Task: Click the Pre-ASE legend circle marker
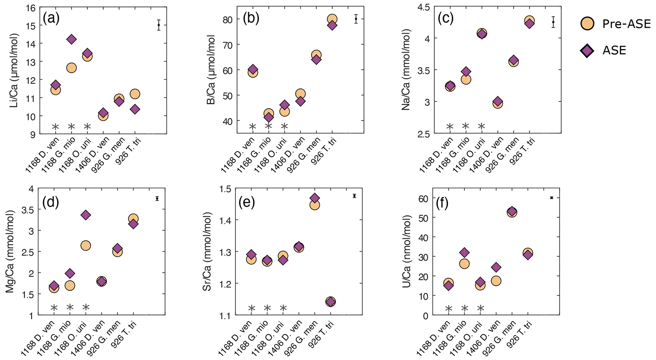pyautogui.click(x=587, y=23)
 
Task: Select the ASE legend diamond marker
pyautogui.click(x=587, y=50)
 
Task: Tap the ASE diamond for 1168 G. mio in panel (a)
pyautogui.click(x=71, y=39)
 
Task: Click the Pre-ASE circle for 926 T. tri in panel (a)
pyautogui.click(x=135, y=94)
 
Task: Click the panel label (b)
pyautogui.click(x=251, y=18)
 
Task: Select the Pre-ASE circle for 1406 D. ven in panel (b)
pyautogui.click(x=300, y=94)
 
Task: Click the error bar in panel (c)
pyautogui.click(x=553, y=22)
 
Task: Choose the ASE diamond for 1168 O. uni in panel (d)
pyautogui.click(x=86, y=215)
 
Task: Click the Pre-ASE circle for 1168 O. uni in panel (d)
pyautogui.click(x=86, y=245)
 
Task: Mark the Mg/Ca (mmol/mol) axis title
pyautogui.click(x=10, y=251)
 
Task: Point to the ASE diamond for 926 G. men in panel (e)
pyautogui.click(x=315, y=198)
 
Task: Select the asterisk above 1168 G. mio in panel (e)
pyautogui.click(x=267, y=308)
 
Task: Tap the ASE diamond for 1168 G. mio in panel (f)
pyautogui.click(x=464, y=253)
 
